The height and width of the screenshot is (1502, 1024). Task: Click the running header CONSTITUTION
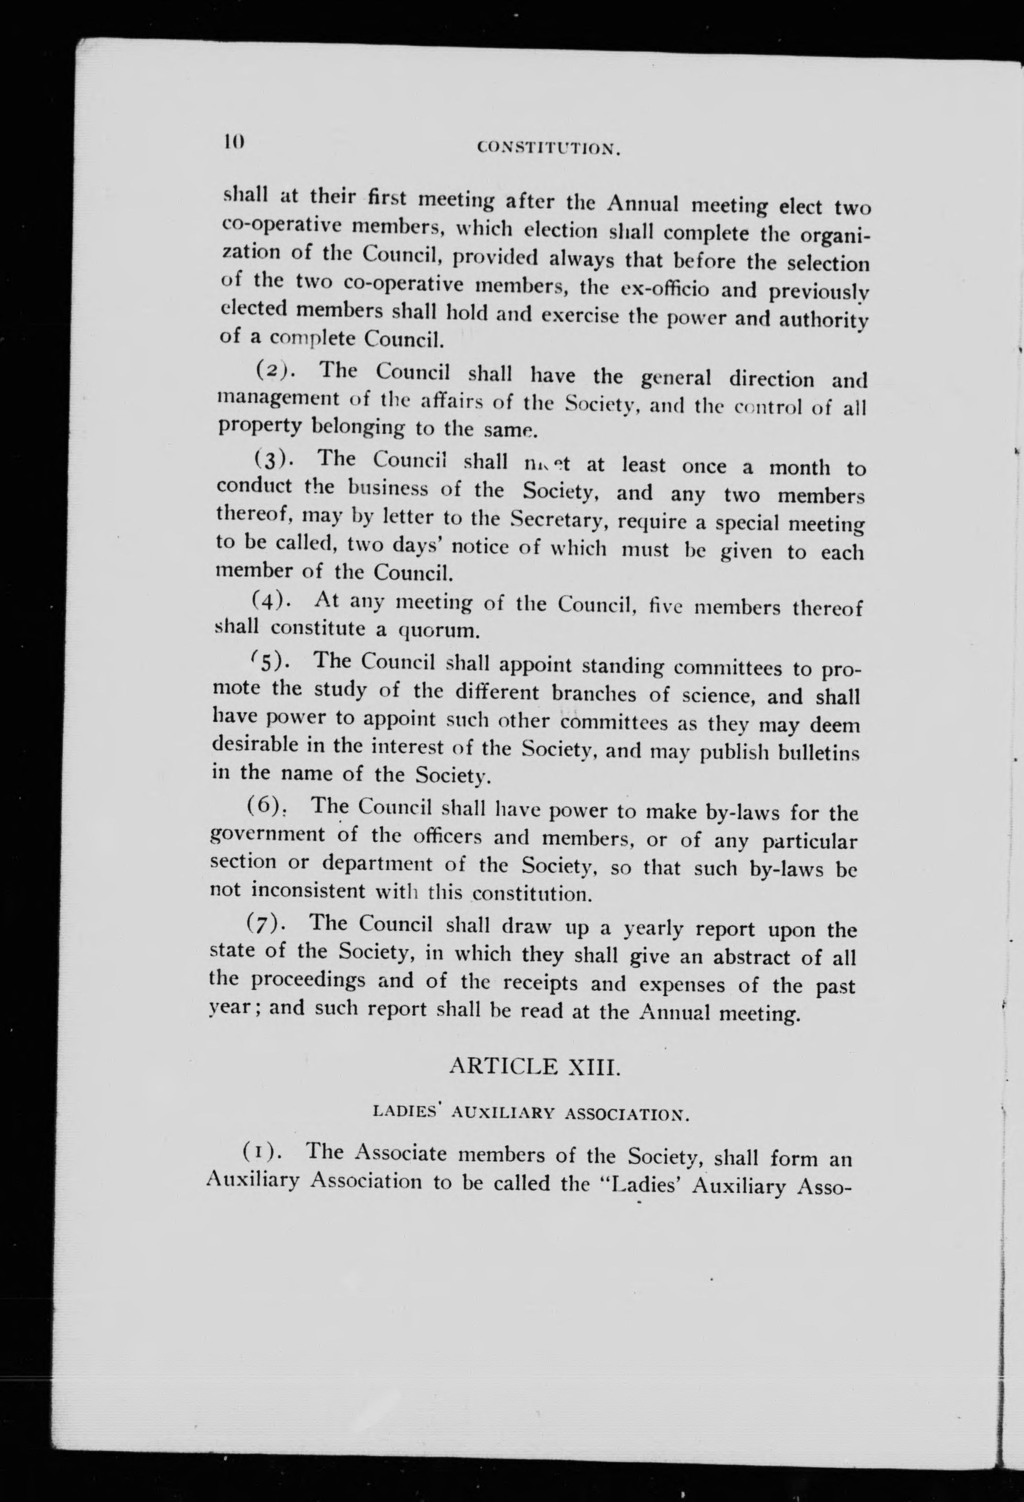tap(549, 149)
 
